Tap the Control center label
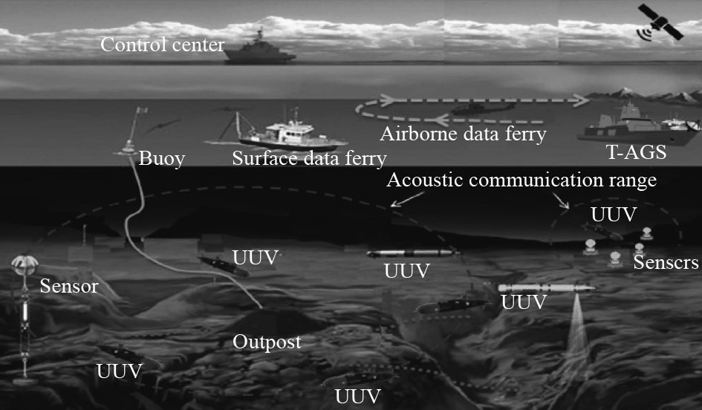[x=162, y=45]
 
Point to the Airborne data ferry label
[x=463, y=134]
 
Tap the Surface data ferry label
[x=310, y=158]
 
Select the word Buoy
[x=160, y=158]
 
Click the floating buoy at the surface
[x=131, y=145]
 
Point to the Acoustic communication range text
[x=522, y=180]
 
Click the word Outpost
[x=267, y=342]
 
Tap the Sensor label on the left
[x=69, y=286]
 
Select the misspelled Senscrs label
[x=666, y=263]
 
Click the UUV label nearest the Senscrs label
[x=614, y=214]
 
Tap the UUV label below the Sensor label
[x=119, y=370]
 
